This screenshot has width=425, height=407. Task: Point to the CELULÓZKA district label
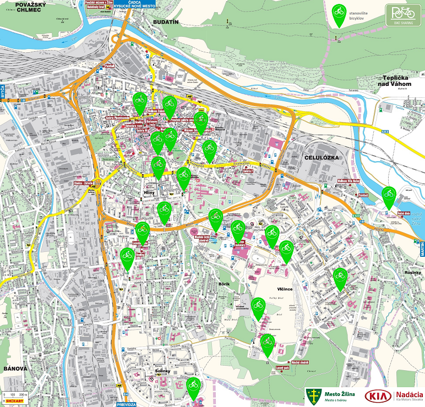[323, 157]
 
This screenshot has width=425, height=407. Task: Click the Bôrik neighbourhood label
[224, 284]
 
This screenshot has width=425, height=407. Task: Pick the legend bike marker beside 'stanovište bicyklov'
[340, 14]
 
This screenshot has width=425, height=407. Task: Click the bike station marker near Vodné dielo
[389, 196]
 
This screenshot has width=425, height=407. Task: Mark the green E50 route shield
[357, 216]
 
